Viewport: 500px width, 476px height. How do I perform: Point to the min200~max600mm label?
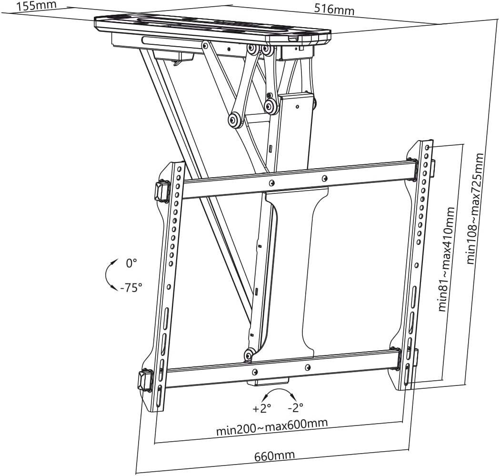click(272, 427)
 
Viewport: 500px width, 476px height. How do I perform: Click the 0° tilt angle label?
click(131, 263)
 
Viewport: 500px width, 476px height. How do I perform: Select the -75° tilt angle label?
click(131, 287)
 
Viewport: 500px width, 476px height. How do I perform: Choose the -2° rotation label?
click(295, 408)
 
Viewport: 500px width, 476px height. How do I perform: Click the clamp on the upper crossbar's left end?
click(161, 191)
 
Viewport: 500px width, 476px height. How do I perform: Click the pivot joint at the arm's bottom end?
click(249, 355)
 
